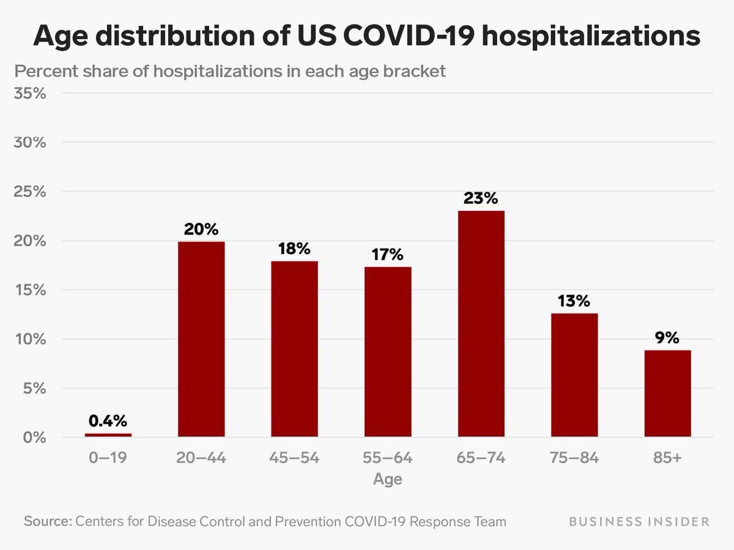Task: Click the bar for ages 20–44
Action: point(201,339)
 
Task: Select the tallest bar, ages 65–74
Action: point(481,324)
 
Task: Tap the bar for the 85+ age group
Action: point(667,394)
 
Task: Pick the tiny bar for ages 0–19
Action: point(108,435)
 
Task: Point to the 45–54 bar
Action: point(294,349)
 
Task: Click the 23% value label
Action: point(481,198)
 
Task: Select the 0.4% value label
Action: point(108,420)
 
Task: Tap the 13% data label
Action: point(574,301)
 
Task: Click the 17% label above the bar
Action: point(388,254)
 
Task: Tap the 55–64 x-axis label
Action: point(388,458)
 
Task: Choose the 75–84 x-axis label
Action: point(574,458)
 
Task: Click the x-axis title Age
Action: point(388,479)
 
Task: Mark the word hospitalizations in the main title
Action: point(590,36)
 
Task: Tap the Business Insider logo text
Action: point(639,522)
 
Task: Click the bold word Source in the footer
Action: point(48,522)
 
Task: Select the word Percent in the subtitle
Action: point(42,71)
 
